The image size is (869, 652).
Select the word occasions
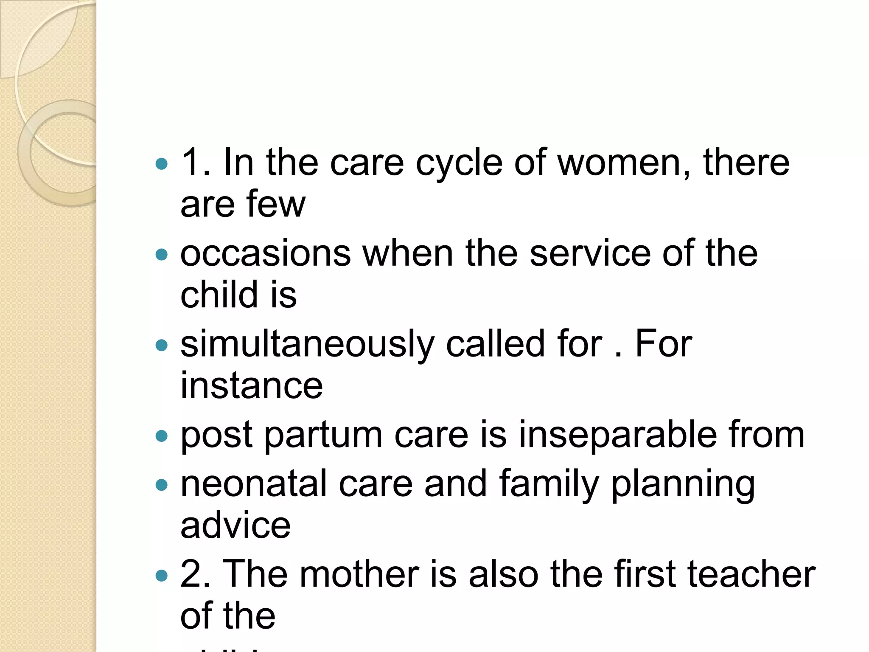pyautogui.click(x=266, y=254)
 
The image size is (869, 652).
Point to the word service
pyautogui.click(x=590, y=254)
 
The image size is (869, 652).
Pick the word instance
pyautogui.click(x=252, y=385)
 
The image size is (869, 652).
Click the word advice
pyautogui.click(x=235, y=526)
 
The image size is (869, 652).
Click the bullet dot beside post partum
pyautogui.click(x=162, y=436)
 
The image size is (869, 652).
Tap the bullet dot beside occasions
pyautogui.click(x=162, y=254)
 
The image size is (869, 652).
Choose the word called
pyautogui.click(x=495, y=344)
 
